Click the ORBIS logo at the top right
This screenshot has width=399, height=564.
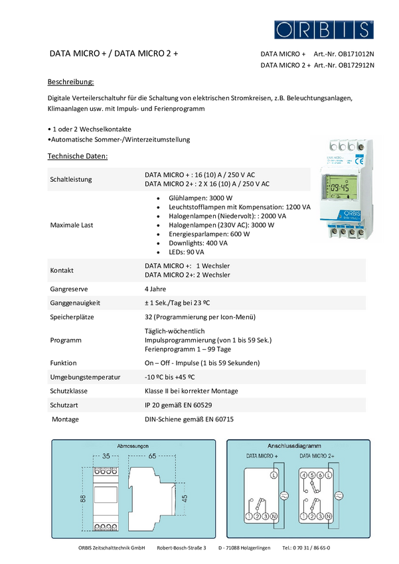[324, 29]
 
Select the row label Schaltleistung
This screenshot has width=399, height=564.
[71, 179]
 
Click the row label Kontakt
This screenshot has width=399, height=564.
[62, 271]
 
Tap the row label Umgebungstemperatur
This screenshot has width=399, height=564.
[85, 378]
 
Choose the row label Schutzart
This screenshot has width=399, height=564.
[64, 404]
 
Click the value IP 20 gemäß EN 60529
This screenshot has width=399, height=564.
[183, 404]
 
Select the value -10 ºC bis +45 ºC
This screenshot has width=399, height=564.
[169, 378]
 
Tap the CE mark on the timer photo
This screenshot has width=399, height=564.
[357, 160]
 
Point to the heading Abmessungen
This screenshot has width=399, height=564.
[132, 446]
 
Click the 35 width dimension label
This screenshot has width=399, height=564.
[106, 457]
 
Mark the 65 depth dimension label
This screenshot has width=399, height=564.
[152, 457]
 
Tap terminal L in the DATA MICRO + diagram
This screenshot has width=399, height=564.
[274, 476]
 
